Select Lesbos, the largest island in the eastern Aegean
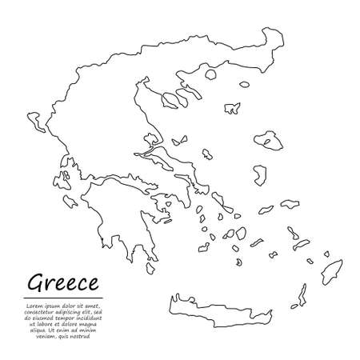tap(270, 140)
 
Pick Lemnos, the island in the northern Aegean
tap(233, 106)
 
